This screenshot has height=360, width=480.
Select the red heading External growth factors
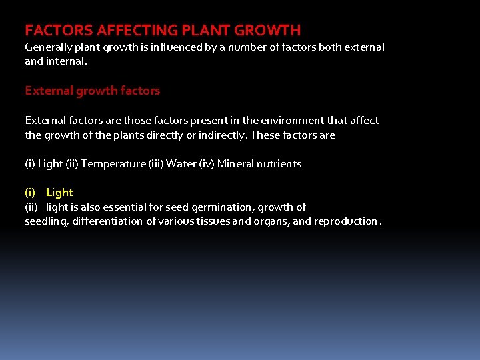[92, 90]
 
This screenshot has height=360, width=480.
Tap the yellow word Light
[59, 193]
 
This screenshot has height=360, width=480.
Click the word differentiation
[107, 221]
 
